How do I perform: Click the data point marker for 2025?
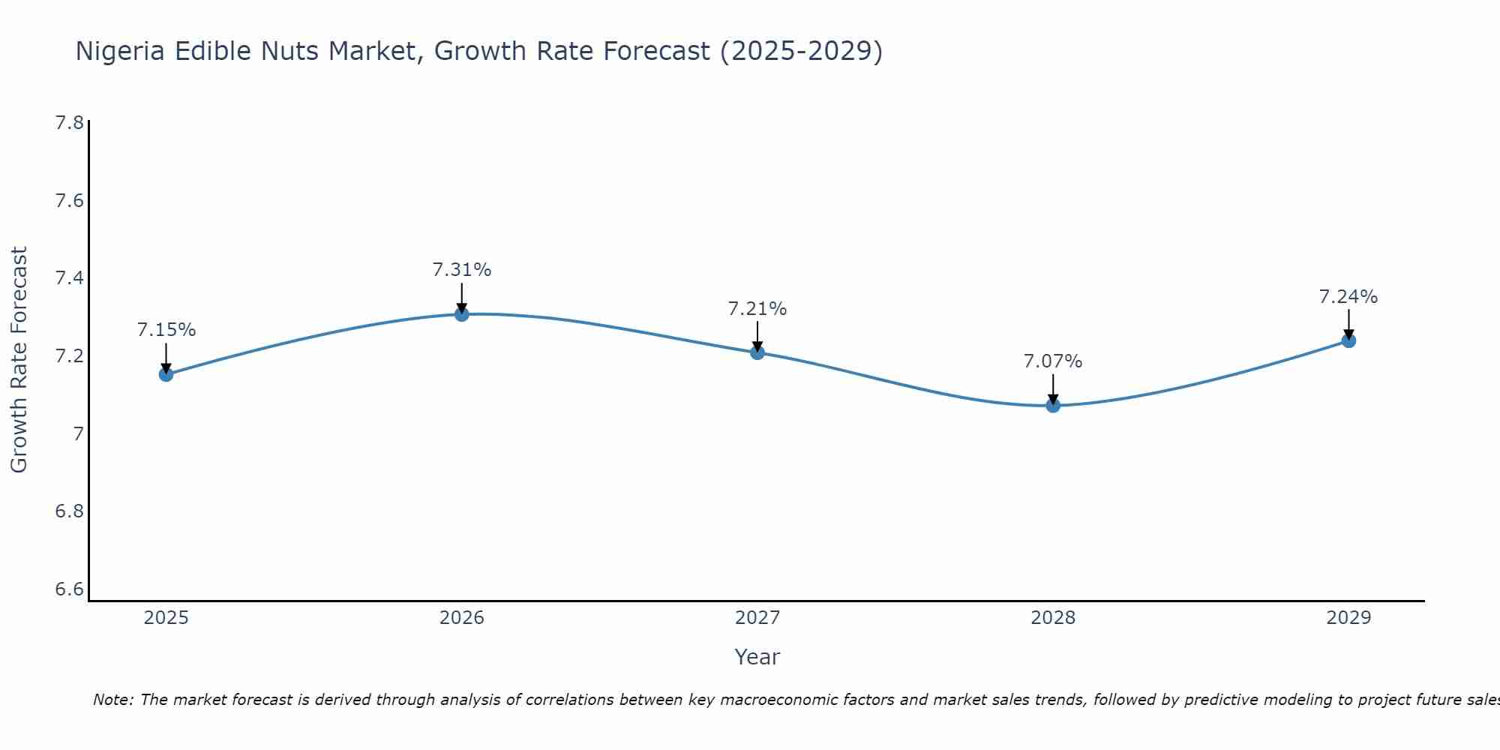pyautogui.click(x=166, y=374)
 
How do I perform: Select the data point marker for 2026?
pyautogui.click(x=462, y=313)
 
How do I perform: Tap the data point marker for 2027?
pyautogui.click(x=757, y=352)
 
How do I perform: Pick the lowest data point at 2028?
pyautogui.click(x=1053, y=405)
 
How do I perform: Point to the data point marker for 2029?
pyautogui.click(x=1348, y=340)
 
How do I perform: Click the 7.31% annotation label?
pyautogui.click(x=462, y=270)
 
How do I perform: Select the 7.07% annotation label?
pyautogui.click(x=1053, y=361)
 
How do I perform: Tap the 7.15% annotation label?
pyautogui.click(x=166, y=330)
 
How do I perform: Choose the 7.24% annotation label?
pyautogui.click(x=1348, y=297)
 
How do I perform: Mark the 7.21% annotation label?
pyautogui.click(x=757, y=309)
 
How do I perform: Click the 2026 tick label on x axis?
pyautogui.click(x=462, y=618)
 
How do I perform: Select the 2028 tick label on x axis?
pyautogui.click(x=1053, y=618)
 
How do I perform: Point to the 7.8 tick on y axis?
pyautogui.click(x=70, y=123)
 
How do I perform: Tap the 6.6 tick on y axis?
pyautogui.click(x=70, y=589)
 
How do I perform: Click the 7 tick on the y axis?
pyautogui.click(x=78, y=434)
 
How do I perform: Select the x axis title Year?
pyautogui.click(x=757, y=657)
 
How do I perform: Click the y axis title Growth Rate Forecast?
pyautogui.click(x=19, y=360)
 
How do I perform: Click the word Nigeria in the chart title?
pyautogui.click(x=121, y=51)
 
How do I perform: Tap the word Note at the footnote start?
pyautogui.click(x=112, y=700)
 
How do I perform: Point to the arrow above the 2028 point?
pyautogui.click(x=1053, y=388)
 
